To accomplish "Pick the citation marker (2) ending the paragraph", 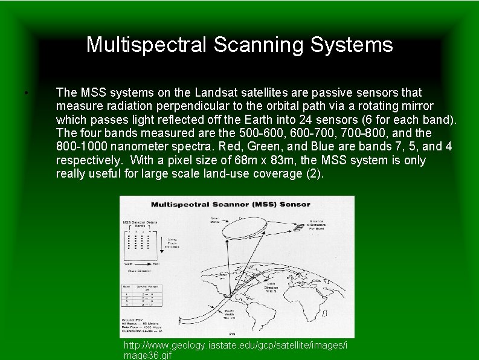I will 316,174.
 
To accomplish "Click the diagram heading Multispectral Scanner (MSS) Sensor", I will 231,205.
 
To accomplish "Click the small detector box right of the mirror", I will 299,228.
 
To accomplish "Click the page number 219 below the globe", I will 231,333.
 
